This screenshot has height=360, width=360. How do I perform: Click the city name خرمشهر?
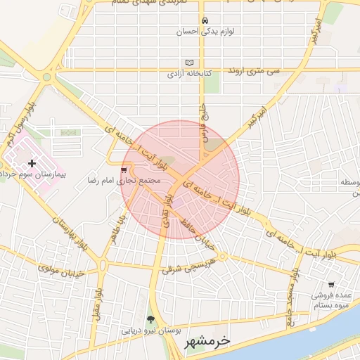click(x=207, y=342)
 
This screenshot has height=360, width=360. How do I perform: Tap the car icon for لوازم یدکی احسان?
click(x=205, y=20)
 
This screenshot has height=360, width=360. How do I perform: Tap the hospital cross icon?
click(x=32, y=163)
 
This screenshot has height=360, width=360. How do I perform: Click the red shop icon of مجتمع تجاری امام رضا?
click(x=124, y=169)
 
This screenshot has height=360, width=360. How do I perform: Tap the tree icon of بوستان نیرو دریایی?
click(x=150, y=319)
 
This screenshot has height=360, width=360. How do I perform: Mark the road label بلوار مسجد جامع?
click(x=288, y=300)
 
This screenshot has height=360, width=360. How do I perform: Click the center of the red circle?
click(x=181, y=179)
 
